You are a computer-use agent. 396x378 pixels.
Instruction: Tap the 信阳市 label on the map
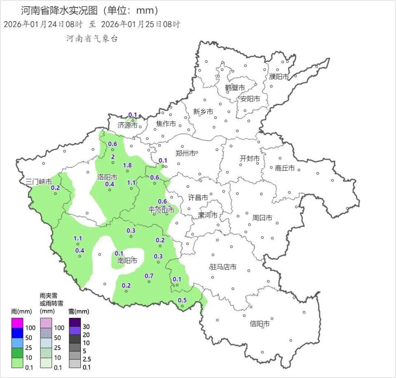click(259, 324)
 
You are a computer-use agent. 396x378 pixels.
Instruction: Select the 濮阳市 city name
click(279, 76)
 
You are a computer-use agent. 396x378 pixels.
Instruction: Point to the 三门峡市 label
click(39, 181)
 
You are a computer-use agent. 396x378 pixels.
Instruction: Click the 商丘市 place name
click(285, 168)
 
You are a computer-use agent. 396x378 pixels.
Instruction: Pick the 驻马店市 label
click(223, 267)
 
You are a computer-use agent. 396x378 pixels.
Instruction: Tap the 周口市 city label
click(262, 218)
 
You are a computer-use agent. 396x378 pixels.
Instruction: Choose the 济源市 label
click(127, 125)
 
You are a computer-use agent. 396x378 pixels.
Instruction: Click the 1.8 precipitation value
click(127, 165)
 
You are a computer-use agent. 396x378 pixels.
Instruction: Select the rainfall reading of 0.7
click(149, 276)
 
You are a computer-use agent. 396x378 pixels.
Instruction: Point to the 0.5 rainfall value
click(182, 300)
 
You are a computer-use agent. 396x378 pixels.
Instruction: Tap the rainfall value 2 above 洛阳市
click(113, 156)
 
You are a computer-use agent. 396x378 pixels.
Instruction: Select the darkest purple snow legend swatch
click(75, 322)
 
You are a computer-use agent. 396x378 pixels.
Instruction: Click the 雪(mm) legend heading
click(78, 312)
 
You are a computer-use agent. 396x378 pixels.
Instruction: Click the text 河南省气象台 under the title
click(92, 38)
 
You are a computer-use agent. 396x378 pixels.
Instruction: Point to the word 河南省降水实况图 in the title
click(59, 10)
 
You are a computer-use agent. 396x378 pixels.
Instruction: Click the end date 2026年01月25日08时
click(140, 24)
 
